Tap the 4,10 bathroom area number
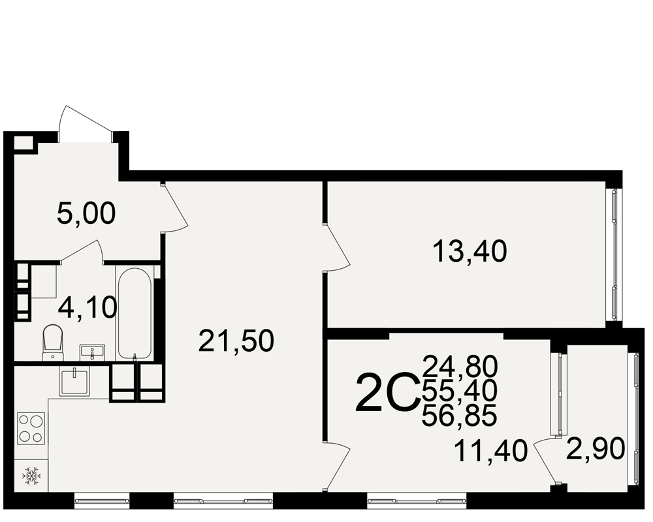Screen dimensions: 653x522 point(88,309)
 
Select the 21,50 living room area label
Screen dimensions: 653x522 point(236,341)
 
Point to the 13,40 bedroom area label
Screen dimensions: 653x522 point(470,252)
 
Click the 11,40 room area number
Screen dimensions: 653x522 point(491,452)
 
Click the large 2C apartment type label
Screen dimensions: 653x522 point(387,393)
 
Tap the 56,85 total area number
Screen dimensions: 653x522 point(459,416)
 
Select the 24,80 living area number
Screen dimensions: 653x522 point(460,366)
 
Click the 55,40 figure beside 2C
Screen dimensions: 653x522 point(459,391)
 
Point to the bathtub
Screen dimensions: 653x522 point(135,313)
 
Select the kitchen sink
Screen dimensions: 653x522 point(75,381)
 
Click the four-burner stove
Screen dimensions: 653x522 point(31,428)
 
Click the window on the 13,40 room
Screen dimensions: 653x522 point(614,255)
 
